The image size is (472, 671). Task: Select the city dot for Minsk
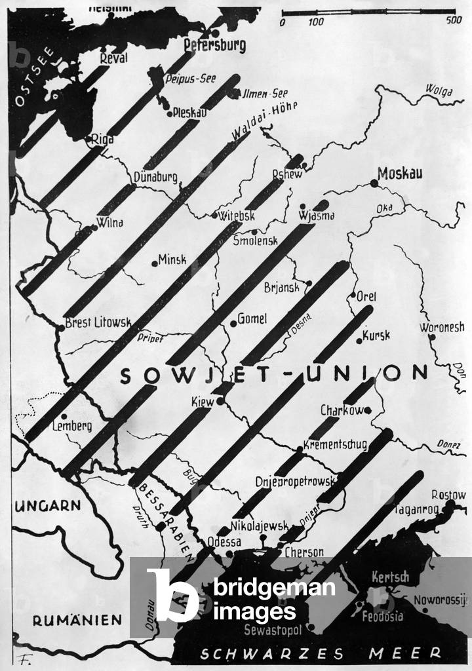155,263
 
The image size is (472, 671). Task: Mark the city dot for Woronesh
431,337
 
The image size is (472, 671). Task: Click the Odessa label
224,542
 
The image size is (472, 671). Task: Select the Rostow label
448,495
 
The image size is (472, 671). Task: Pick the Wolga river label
439,91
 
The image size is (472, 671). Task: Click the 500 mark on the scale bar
453,22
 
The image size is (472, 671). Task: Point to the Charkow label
342,411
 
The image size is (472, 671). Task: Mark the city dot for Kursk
359,340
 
